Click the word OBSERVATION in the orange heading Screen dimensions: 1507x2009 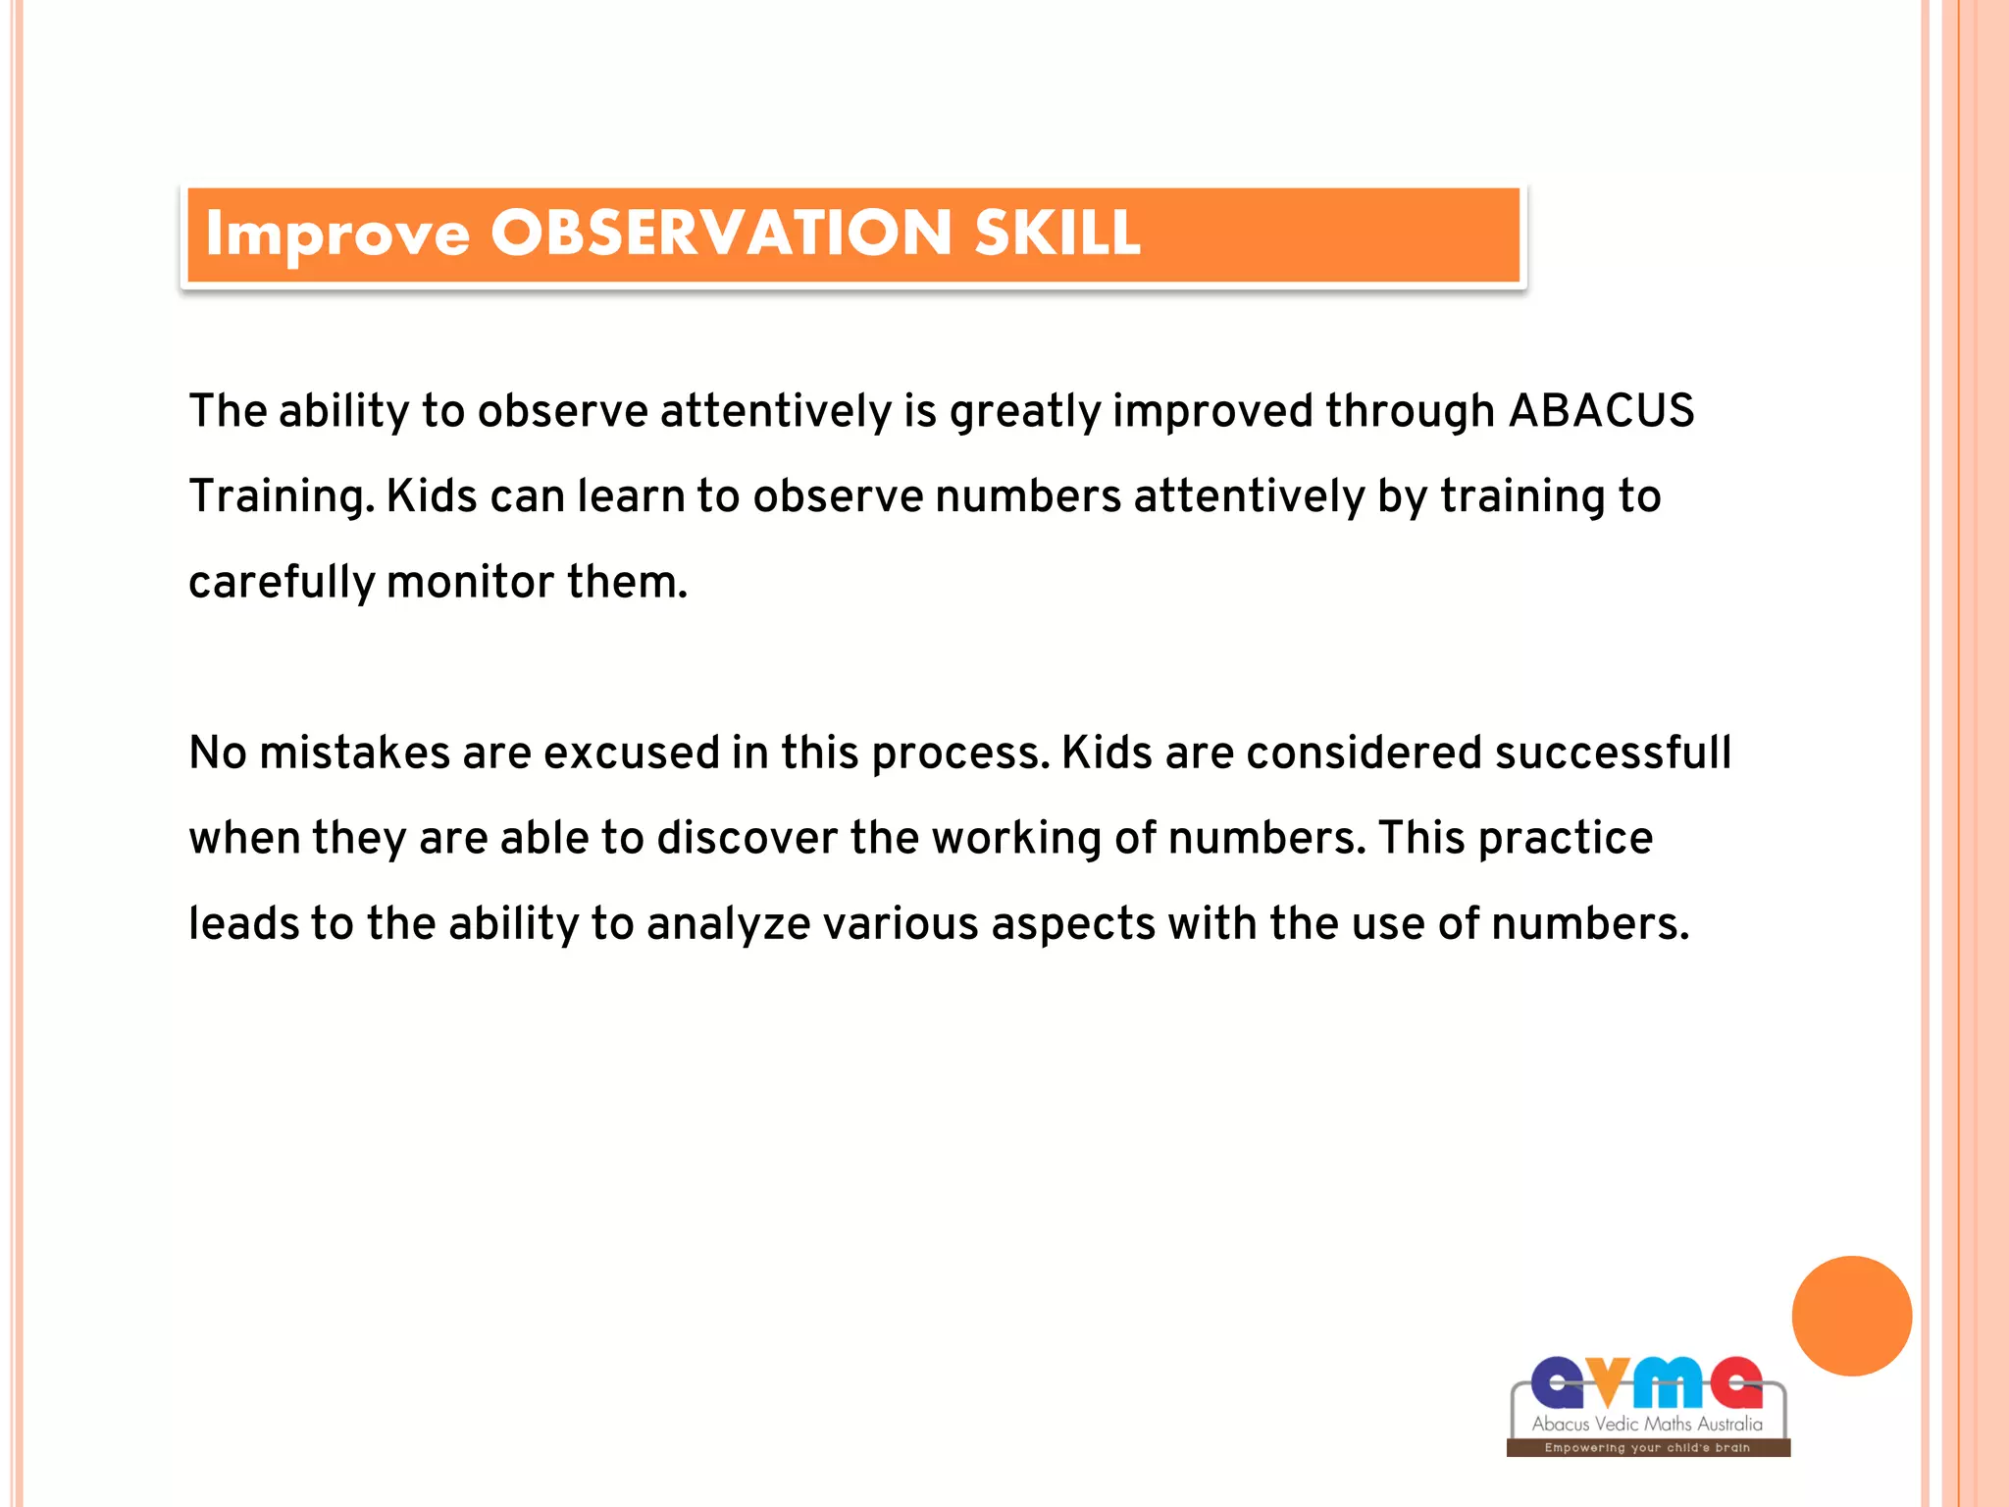721,234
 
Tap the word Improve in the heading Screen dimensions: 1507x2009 337,235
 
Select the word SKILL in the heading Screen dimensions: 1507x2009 1057,234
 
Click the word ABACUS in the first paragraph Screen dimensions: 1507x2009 1601,410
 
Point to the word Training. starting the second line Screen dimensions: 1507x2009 282,496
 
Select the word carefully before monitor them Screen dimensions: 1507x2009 281,583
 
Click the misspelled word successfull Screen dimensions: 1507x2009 1613,753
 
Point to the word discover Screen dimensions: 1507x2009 747,839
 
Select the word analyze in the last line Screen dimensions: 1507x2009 728,924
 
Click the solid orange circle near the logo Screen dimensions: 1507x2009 1851,1316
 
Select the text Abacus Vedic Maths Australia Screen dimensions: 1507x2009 1647,1424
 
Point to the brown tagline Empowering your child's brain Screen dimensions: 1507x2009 1647,1447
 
